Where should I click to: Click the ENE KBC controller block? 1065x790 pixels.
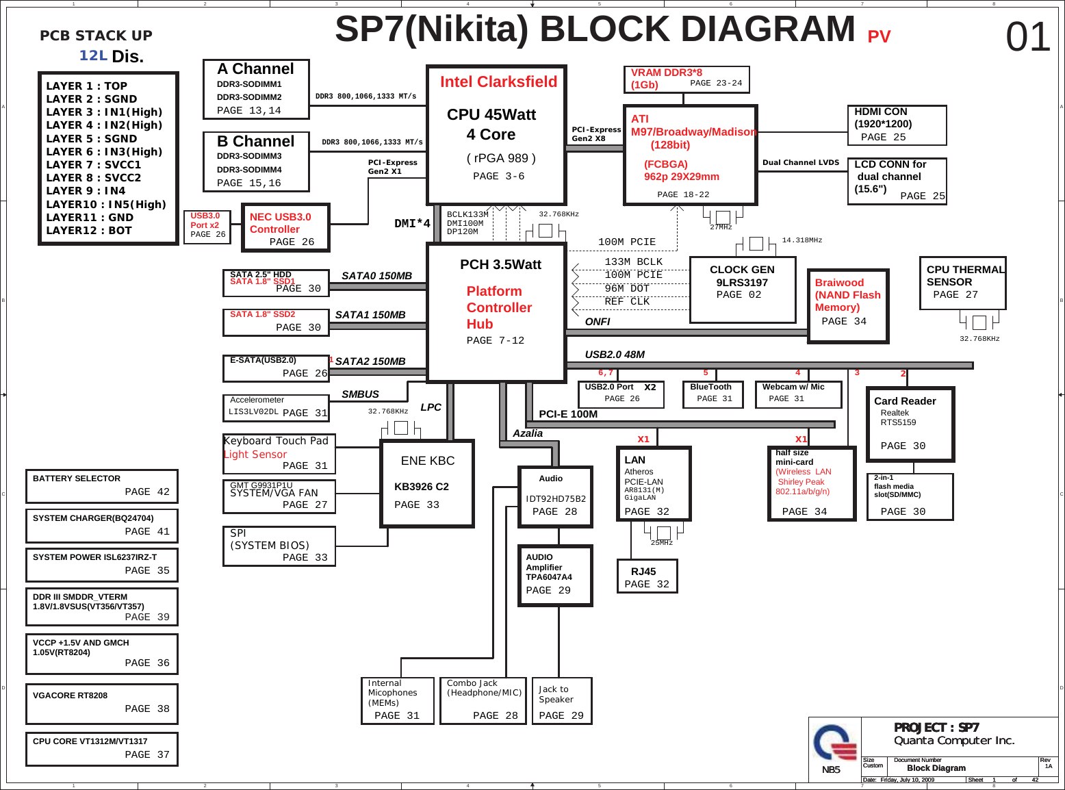pyautogui.click(x=427, y=483)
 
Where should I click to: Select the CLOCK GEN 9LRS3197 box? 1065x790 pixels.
pyautogui.click(x=743, y=290)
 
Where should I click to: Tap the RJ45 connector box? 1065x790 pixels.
pyautogui.click(x=646, y=576)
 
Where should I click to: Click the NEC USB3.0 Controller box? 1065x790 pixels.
pyautogui.click(x=285, y=228)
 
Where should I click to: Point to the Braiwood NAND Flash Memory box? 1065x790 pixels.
pyautogui.click(x=847, y=305)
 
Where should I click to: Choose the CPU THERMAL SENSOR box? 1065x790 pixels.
pyautogui.click(x=962, y=283)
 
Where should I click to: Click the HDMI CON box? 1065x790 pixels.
pyautogui.click(x=897, y=125)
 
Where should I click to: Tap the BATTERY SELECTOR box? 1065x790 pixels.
pyautogui.click(x=102, y=485)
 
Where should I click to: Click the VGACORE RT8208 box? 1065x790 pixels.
pyautogui.click(x=102, y=703)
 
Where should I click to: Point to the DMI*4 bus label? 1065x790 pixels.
pyautogui.click(x=412, y=224)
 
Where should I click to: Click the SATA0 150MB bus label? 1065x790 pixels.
pyautogui.click(x=376, y=276)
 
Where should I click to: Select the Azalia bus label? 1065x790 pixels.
pyautogui.click(x=528, y=433)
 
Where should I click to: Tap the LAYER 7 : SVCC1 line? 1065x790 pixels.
pyautogui.click(x=94, y=165)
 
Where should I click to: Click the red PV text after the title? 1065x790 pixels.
pyautogui.click(x=879, y=36)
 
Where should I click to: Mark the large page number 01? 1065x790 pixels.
pyautogui.click(x=1027, y=37)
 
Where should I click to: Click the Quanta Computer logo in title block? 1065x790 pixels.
pyautogui.click(x=834, y=743)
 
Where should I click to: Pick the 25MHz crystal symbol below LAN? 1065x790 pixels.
pyautogui.click(x=663, y=533)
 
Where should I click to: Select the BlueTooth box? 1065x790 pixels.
pyautogui.click(x=713, y=394)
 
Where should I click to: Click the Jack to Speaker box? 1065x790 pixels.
pyautogui.click(x=561, y=701)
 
